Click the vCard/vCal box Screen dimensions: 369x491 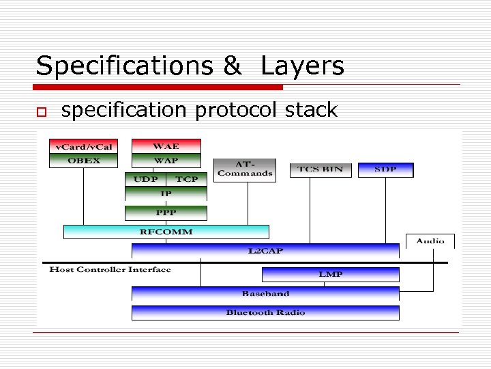click(x=83, y=146)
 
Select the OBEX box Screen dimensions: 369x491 click(x=83, y=161)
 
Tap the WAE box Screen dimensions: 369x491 click(x=166, y=146)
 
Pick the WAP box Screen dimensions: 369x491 click(x=166, y=161)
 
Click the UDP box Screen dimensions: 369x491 click(x=145, y=179)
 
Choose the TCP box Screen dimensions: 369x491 click(x=186, y=179)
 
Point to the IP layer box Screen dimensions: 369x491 click(x=166, y=194)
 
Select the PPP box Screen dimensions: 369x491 click(x=166, y=213)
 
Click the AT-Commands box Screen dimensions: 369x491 click(x=245, y=169)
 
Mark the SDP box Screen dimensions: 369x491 click(x=385, y=169)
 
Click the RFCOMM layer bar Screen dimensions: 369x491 click(x=166, y=232)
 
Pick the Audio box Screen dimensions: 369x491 click(x=430, y=241)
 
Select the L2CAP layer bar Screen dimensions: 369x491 click(x=265, y=251)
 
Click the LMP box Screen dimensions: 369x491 click(x=331, y=274)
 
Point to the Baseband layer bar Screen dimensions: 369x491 click(x=265, y=294)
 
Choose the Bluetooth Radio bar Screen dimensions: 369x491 click(x=265, y=313)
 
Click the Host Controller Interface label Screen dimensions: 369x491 click(x=110, y=269)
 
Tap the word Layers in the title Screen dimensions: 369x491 click(x=302, y=66)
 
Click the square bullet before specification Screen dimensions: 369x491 click(x=41, y=111)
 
